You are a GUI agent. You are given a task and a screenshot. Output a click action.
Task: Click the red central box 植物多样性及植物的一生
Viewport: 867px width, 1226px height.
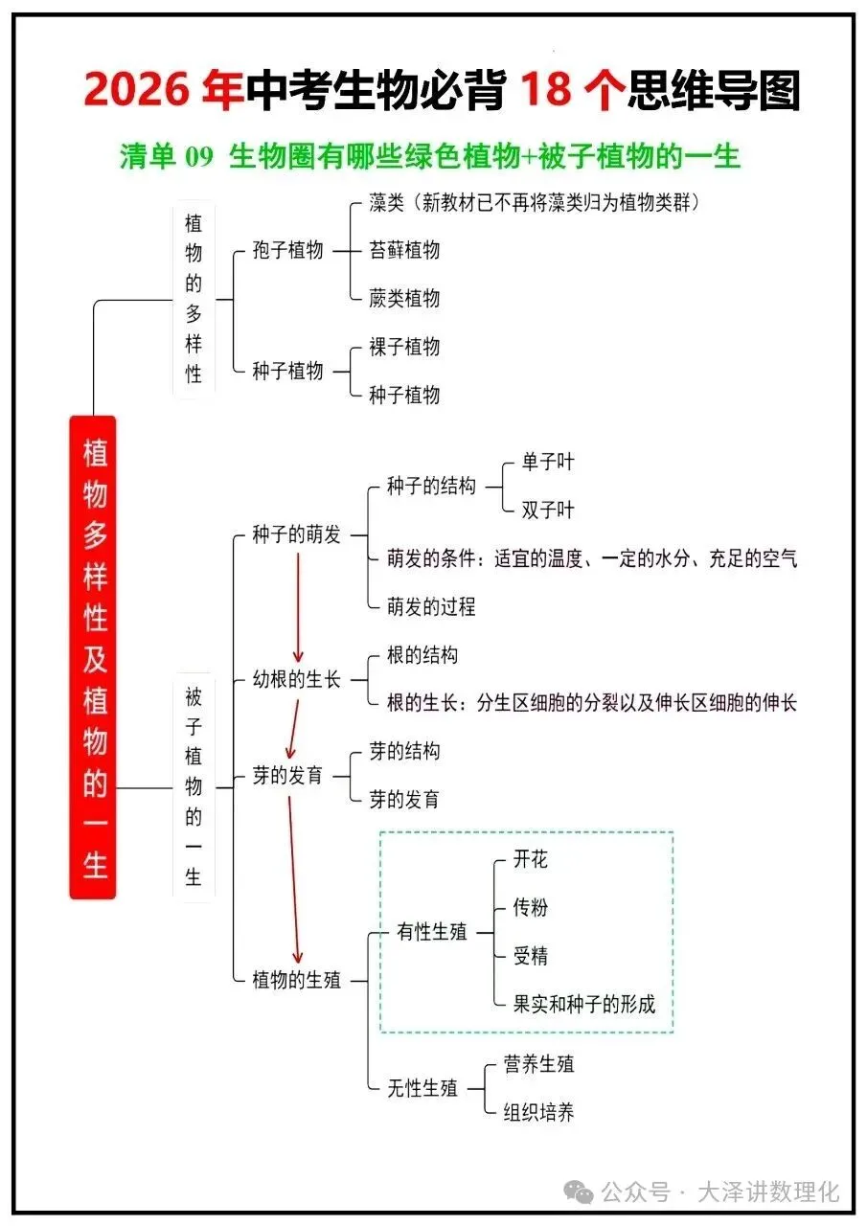pyautogui.click(x=93, y=657)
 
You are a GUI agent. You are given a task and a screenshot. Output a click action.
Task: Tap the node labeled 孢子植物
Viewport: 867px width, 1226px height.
pyautogui.click(x=288, y=251)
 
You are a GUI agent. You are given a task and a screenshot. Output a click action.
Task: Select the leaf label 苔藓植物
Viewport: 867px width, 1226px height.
pyautogui.click(x=404, y=251)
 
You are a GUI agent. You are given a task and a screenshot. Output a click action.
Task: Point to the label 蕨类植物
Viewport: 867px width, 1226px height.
pyautogui.click(x=404, y=299)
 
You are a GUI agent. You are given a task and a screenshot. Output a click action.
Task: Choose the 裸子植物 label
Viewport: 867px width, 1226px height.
pyautogui.click(x=404, y=347)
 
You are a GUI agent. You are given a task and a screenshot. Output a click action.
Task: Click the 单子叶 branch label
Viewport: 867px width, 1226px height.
pyautogui.click(x=548, y=463)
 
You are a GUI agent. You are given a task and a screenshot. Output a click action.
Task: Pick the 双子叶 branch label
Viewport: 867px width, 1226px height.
pyautogui.click(x=548, y=511)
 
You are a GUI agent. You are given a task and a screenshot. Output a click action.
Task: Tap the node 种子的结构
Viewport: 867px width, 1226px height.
pyautogui.click(x=431, y=487)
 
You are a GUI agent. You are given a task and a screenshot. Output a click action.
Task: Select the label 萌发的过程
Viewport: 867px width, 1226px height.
pyautogui.click(x=431, y=607)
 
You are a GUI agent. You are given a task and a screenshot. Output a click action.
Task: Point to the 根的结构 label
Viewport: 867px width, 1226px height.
pyautogui.click(x=422, y=655)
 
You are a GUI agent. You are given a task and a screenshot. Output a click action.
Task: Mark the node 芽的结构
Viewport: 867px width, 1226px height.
pyautogui.click(x=404, y=752)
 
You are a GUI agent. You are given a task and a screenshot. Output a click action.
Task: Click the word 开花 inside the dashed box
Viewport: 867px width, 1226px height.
pyautogui.click(x=531, y=859)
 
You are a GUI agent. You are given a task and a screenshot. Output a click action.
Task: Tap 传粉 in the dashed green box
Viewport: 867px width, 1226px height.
pyautogui.click(x=531, y=907)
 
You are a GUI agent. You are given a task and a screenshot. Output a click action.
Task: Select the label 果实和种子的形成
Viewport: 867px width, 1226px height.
pyautogui.click(x=584, y=1004)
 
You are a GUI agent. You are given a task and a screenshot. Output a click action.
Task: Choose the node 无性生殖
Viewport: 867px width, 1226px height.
pyautogui.click(x=422, y=1088)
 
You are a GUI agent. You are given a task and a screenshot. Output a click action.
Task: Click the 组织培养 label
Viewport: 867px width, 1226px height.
pyautogui.click(x=539, y=1112)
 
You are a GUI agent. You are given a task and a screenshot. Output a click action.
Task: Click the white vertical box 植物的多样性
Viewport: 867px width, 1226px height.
pyautogui.click(x=194, y=299)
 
